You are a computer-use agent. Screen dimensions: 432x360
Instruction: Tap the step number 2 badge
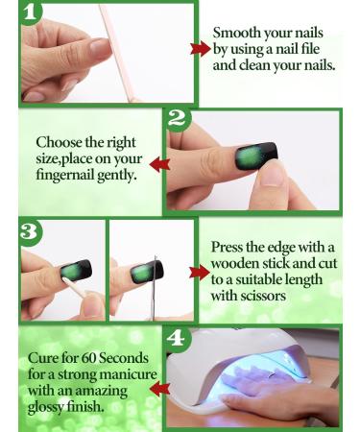(x=176, y=119)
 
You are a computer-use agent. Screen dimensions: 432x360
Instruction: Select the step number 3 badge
(x=31, y=232)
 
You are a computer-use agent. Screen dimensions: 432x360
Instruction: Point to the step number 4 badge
(x=176, y=339)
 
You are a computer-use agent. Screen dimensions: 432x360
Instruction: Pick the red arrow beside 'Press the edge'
(x=199, y=273)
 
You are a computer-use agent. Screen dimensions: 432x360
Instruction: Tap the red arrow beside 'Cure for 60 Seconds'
(x=156, y=388)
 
